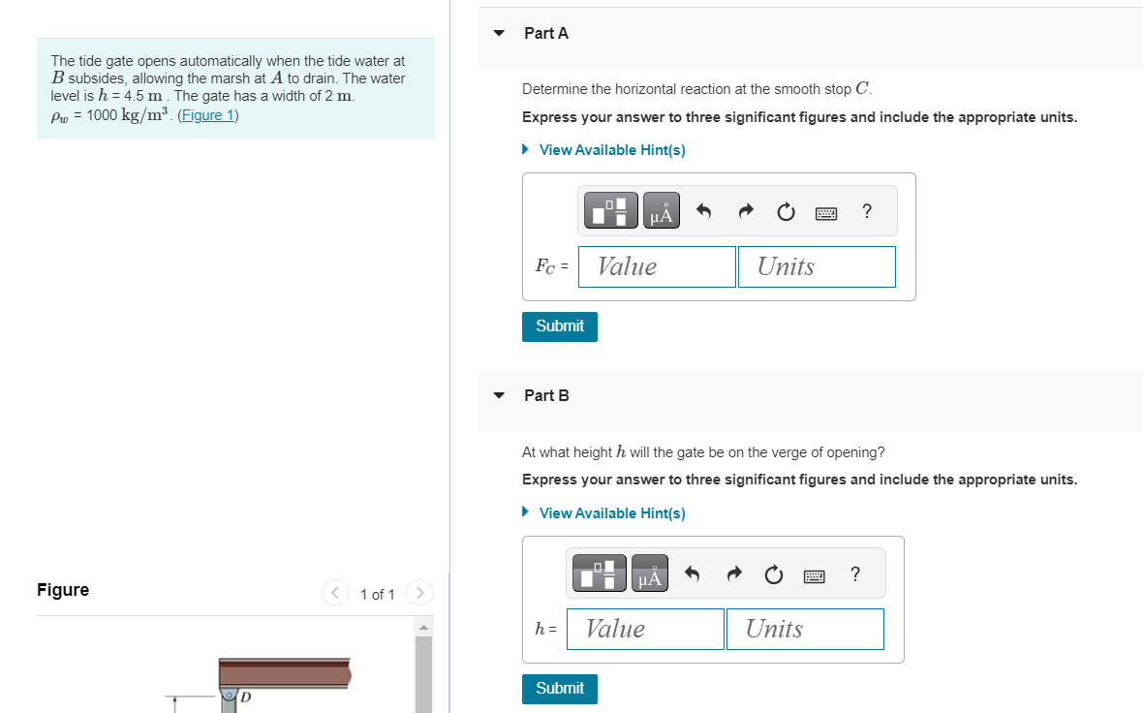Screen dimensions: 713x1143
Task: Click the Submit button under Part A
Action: pos(559,326)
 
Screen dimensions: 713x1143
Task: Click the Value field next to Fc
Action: pos(657,266)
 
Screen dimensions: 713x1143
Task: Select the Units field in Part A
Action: pos(816,266)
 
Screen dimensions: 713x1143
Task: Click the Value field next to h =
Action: pos(645,629)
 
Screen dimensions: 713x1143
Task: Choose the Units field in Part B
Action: pos(804,629)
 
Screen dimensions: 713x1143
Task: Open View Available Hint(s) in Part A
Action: pos(611,150)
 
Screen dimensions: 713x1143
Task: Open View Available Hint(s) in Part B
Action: pos(611,513)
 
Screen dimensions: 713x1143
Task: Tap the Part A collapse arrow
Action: pos(499,33)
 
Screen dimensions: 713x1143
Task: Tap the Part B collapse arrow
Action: pos(499,395)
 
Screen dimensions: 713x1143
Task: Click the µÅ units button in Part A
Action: pos(661,211)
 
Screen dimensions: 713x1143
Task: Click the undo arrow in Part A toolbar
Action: pos(705,211)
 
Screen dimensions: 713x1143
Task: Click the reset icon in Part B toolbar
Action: pos(773,575)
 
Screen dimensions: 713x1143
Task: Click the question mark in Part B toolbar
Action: pos(854,574)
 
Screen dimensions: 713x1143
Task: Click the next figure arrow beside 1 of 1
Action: pos(418,592)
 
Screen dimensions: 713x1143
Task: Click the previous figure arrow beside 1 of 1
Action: pos(335,592)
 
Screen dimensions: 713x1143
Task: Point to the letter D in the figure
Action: pos(245,696)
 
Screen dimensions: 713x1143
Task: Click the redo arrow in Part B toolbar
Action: pos(732,575)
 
